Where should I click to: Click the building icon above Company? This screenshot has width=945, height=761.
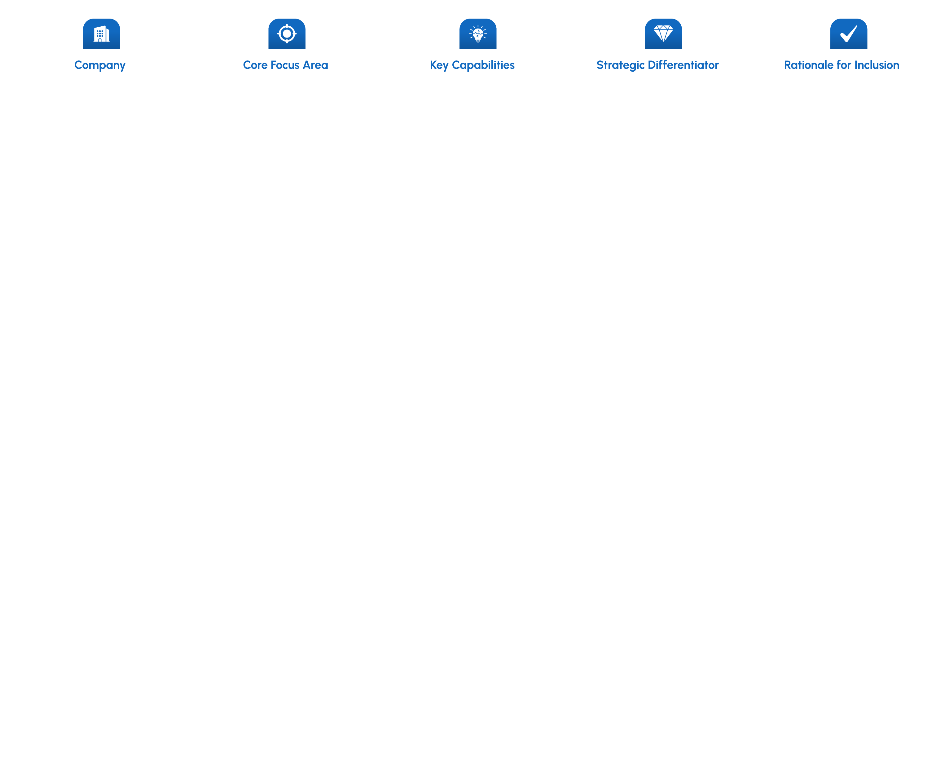click(x=101, y=34)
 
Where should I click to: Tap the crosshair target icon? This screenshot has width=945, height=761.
click(x=287, y=33)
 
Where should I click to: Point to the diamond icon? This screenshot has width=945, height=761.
click(x=663, y=33)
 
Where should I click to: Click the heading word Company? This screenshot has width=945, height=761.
click(x=100, y=65)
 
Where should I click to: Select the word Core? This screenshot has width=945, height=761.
click(x=255, y=65)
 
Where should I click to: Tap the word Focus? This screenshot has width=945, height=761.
click(x=285, y=65)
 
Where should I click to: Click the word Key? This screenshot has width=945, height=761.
click(x=439, y=65)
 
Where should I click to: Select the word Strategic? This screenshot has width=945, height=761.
click(x=621, y=65)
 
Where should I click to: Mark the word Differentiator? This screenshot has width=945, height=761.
click(x=683, y=65)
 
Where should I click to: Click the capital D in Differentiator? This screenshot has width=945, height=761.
click(x=652, y=65)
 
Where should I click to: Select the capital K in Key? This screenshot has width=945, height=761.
click(x=433, y=65)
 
